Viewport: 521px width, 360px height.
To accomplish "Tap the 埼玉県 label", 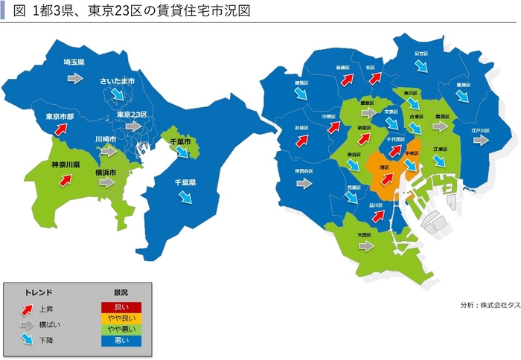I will [x=74, y=62].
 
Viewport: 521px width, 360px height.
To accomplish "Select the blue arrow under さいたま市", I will [x=117, y=94].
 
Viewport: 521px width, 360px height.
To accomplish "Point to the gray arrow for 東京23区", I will [x=133, y=127].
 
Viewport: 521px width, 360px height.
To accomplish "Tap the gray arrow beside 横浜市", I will [x=108, y=182].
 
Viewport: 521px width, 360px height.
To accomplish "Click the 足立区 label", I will [x=421, y=54].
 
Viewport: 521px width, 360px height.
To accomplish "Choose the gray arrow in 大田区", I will [x=365, y=246].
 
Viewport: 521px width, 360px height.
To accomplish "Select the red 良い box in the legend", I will [x=121, y=306].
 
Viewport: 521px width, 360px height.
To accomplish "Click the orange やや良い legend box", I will [x=121, y=318].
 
